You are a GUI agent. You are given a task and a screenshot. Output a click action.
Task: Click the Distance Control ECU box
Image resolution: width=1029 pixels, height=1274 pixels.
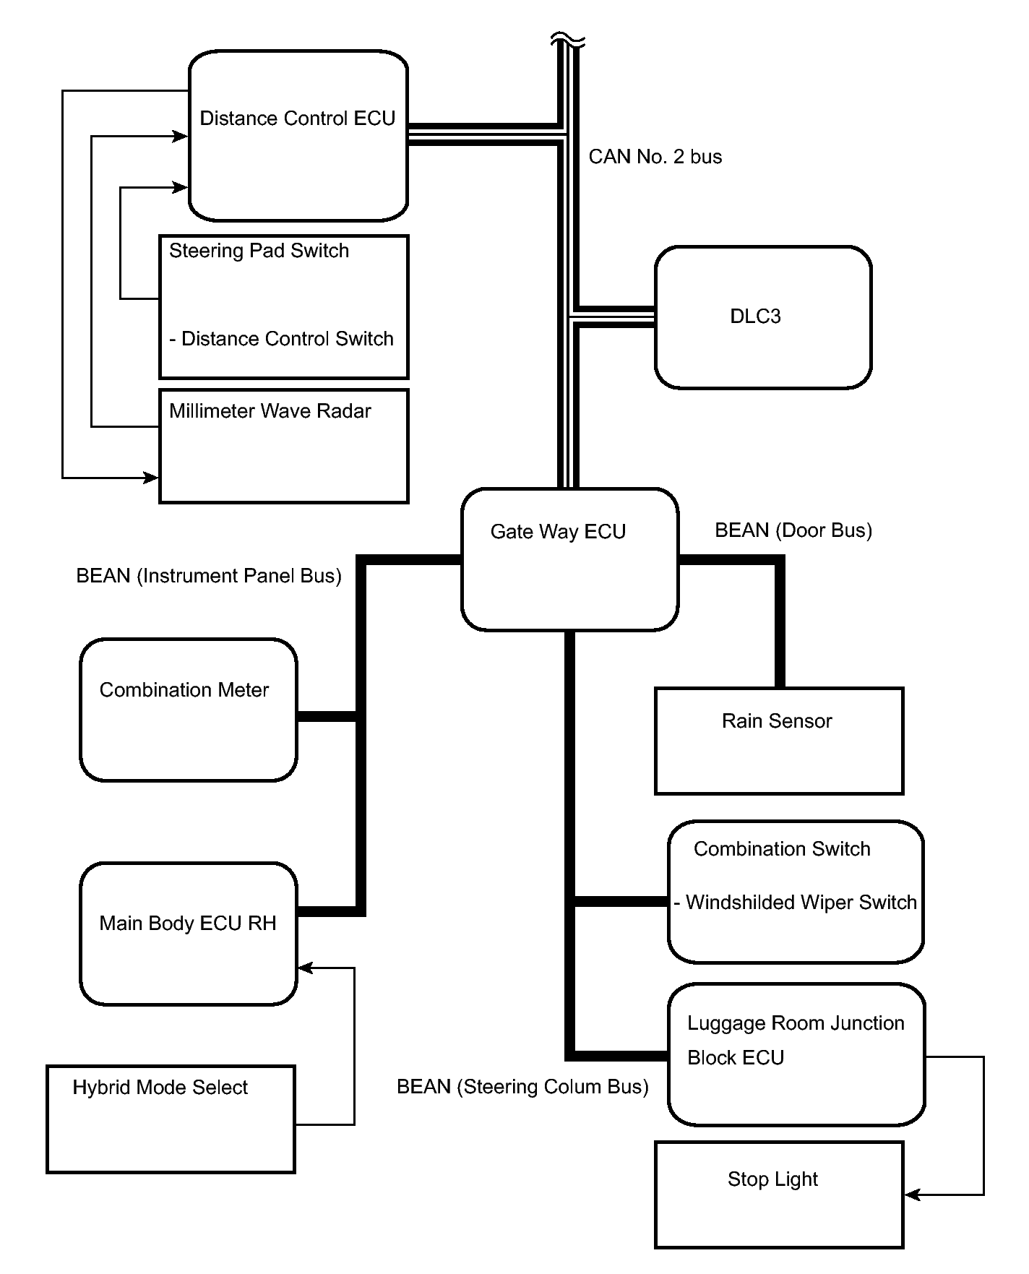298,135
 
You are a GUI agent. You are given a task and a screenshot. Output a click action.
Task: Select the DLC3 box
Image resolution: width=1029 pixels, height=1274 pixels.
763,317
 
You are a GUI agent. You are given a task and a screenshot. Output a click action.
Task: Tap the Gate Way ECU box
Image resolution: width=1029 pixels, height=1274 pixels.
569,559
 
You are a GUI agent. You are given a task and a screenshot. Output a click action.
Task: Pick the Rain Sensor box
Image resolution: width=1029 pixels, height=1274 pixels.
779,741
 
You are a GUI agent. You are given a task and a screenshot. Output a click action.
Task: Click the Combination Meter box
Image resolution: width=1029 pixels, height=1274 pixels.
188,710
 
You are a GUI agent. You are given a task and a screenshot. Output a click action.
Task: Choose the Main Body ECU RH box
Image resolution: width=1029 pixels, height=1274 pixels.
188,934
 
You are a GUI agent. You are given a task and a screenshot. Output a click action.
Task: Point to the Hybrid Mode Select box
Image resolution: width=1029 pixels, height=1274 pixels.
171,1119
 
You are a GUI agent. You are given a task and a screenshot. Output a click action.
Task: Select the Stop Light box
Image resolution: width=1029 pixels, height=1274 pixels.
779,1195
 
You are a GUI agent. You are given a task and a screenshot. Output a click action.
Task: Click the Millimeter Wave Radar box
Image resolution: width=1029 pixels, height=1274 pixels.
283,446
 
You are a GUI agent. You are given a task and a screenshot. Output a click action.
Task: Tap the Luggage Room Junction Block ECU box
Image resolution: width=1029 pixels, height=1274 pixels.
796,1054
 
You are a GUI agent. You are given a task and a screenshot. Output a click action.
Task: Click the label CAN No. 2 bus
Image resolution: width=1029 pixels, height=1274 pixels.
655,157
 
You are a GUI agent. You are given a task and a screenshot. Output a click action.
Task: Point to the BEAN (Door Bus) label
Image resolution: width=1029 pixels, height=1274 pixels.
793,530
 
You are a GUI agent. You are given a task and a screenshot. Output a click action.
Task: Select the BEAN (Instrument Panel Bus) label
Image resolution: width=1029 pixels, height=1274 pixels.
209,576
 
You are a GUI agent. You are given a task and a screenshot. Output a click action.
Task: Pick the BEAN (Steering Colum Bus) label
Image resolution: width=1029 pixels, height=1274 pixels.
522,1087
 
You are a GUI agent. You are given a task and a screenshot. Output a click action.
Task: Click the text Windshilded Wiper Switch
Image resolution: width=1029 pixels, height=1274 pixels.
801,903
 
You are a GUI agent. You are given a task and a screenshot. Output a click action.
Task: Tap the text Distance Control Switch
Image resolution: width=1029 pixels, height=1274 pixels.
287,339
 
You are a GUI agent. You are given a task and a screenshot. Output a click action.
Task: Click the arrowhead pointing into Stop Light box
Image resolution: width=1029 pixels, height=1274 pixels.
912,1195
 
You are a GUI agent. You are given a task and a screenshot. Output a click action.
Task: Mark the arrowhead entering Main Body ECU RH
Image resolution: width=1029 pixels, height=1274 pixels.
305,968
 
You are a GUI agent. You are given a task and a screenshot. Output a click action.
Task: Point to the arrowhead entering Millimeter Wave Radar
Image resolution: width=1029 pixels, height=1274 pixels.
151,478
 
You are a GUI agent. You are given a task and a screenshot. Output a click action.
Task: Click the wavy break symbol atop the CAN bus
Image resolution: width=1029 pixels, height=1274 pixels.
568,40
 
